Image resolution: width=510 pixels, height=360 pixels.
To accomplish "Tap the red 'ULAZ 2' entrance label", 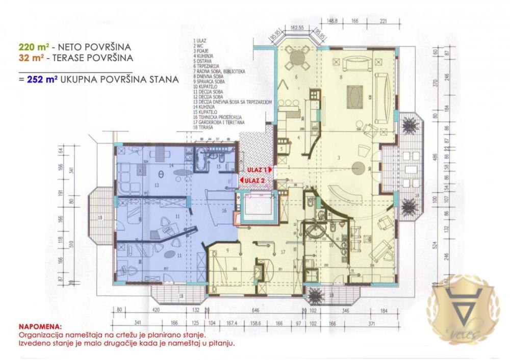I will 253,180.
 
